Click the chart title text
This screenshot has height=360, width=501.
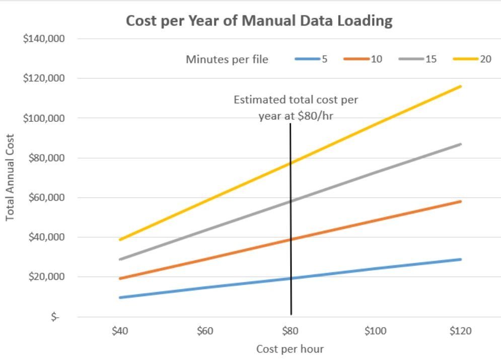point(259,21)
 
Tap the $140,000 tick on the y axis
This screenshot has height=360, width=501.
point(44,39)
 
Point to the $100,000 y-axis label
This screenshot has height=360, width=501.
point(44,118)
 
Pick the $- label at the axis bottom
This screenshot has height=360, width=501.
point(54,317)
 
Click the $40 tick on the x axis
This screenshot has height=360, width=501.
point(119,331)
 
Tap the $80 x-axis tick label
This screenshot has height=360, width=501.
point(290,331)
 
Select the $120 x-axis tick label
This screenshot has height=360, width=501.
point(460,331)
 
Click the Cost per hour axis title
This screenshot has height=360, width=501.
point(290,349)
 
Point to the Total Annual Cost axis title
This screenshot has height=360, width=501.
point(10,177)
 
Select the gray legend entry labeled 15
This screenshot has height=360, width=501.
point(418,59)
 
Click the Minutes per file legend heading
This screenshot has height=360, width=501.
point(227,59)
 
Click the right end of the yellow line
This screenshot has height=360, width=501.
point(460,86)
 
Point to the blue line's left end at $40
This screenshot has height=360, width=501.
point(120,297)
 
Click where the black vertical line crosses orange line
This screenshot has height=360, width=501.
point(291,240)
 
